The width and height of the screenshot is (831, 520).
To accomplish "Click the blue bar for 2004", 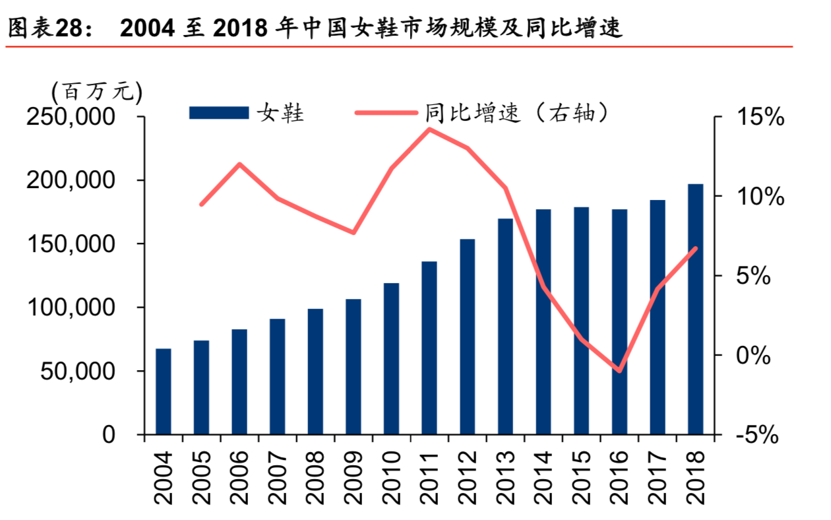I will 164,391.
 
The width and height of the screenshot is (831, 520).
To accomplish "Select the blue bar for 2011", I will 429,348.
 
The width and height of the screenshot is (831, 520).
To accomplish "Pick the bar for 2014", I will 543,321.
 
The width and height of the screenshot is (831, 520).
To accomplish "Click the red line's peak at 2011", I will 429,129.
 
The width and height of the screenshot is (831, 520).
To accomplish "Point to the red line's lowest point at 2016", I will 619,370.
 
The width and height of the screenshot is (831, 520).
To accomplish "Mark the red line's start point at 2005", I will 201,205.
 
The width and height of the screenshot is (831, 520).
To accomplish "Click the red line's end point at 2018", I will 696,248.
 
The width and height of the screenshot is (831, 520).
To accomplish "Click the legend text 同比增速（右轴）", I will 515,113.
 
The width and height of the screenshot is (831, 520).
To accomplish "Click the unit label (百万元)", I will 96,90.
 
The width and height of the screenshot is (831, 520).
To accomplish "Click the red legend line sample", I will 386,113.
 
